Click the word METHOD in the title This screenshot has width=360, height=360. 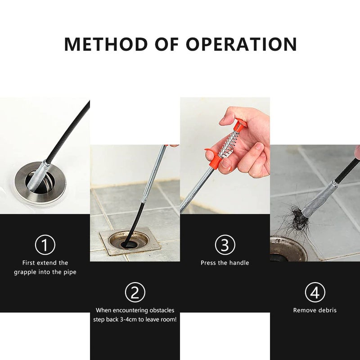(106, 44)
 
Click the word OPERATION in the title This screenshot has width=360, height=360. (242, 44)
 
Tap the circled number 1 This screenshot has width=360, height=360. (45, 245)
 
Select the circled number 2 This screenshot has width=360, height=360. (135, 292)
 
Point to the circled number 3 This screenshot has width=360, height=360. (225, 245)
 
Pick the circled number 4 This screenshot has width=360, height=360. (315, 292)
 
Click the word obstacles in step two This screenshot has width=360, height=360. (162, 310)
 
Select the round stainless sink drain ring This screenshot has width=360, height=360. (40, 182)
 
